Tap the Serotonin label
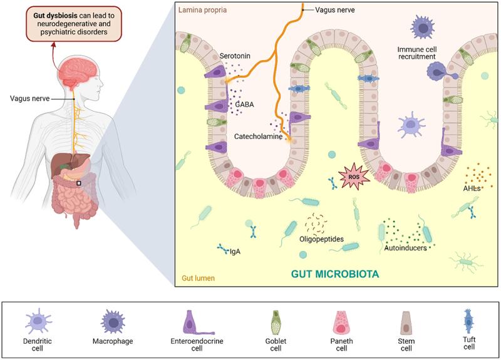(x=235, y=56)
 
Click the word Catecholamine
(x=259, y=136)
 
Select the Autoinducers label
(x=405, y=248)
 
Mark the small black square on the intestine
(x=78, y=183)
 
